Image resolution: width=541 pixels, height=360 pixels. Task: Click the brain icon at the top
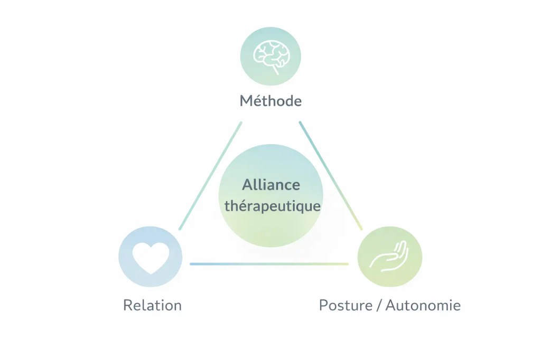point(270,54)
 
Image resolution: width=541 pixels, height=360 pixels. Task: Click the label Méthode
point(270,101)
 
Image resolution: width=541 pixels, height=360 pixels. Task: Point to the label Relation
point(152,305)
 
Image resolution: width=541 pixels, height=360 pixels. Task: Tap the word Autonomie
point(423,305)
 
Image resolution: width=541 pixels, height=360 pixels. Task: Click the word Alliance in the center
point(271,185)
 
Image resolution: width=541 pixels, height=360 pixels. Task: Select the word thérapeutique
point(272,206)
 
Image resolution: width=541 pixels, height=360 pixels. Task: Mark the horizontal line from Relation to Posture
point(269,263)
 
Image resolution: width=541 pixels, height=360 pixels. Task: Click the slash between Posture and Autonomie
point(378,305)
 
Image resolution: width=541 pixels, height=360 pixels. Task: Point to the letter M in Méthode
point(246,101)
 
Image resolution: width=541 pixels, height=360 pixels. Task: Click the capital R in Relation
point(127,305)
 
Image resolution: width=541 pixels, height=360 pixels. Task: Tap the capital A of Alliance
point(247,185)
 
